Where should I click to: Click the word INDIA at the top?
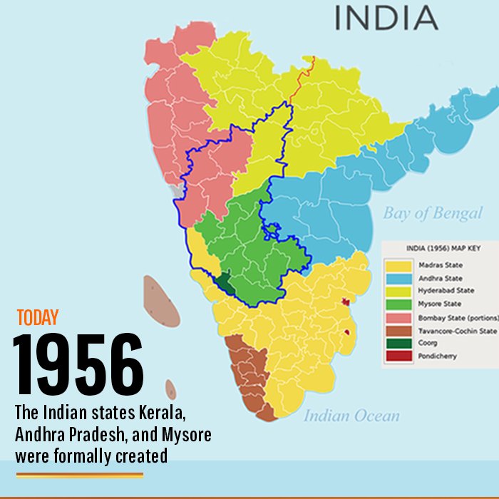click(386, 18)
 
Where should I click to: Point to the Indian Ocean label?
click(351, 416)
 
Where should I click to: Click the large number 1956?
click(78, 364)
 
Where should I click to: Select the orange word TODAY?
click(37, 318)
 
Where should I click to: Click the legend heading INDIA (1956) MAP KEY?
click(441, 249)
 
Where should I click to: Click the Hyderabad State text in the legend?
click(447, 291)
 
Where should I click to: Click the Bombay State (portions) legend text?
click(457, 317)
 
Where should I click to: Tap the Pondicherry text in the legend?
click(438, 356)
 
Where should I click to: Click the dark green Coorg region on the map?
click(225, 283)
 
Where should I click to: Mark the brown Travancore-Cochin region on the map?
click(246, 371)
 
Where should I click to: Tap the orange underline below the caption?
click(79, 474)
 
